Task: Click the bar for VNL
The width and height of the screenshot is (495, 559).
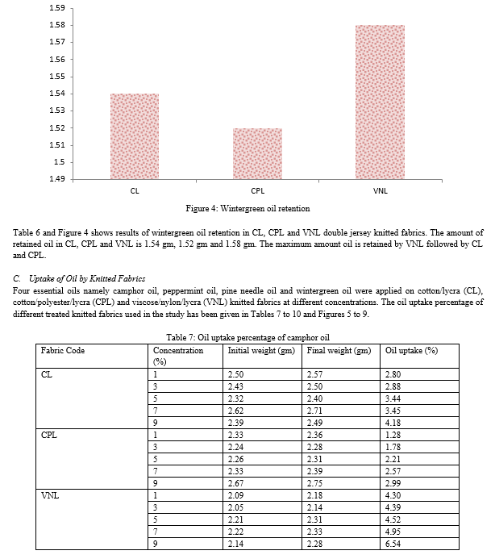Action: [380, 102]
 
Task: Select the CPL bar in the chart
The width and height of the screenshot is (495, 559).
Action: [257, 153]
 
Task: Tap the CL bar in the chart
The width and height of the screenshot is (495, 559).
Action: [134, 136]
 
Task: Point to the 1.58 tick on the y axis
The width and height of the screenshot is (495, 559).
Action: [56, 25]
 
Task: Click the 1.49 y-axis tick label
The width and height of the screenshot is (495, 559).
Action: [56, 179]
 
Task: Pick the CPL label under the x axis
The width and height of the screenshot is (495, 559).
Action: [257, 191]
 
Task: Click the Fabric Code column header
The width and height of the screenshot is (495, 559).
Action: [63, 351]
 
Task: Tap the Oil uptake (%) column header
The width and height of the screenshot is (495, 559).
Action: [411, 351]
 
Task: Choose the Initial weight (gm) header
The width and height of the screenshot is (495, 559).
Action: [261, 351]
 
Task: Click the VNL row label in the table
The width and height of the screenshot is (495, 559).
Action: [50, 494]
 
